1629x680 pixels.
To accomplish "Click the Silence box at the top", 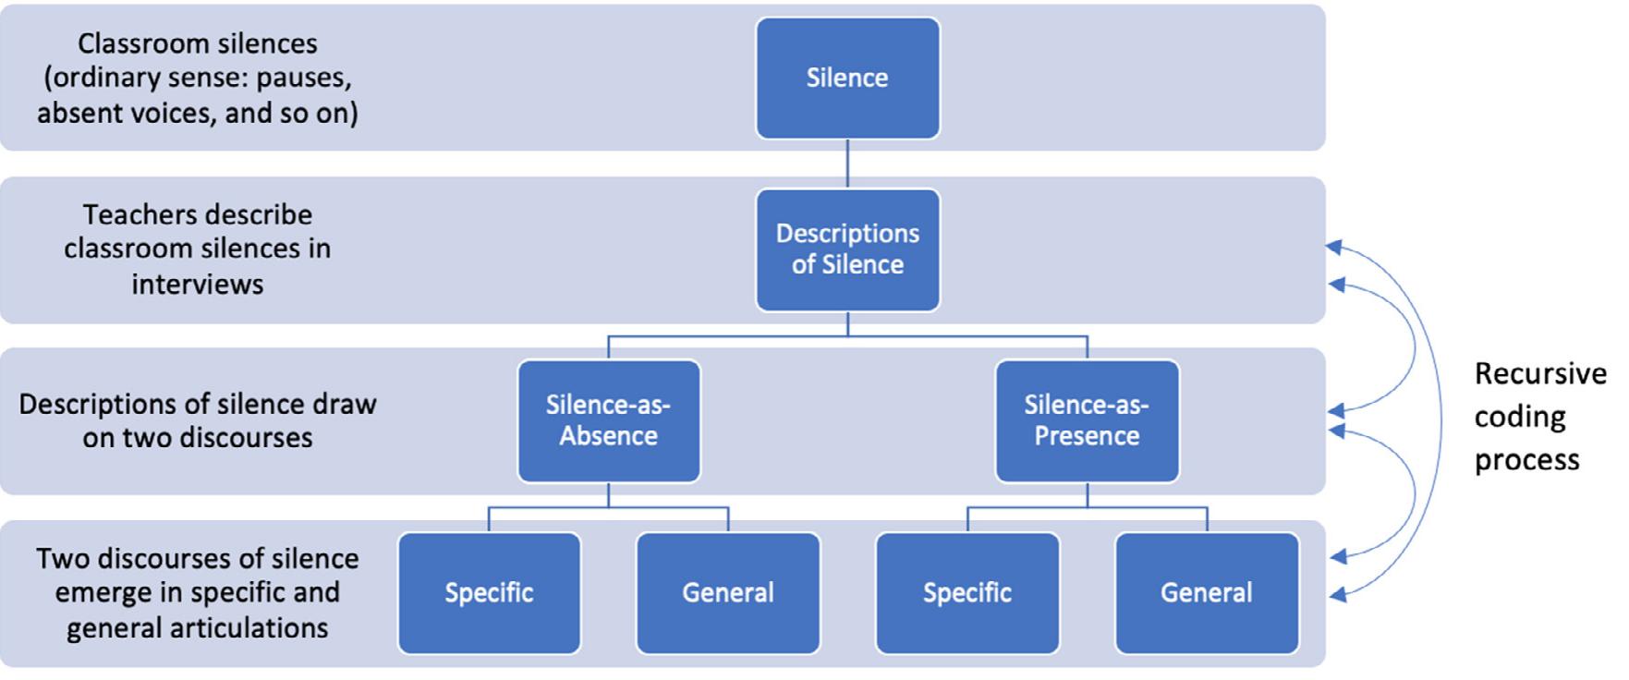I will click(x=847, y=79).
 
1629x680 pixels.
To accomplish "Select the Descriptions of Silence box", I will click(x=847, y=249).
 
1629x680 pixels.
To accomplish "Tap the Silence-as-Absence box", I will click(x=608, y=420).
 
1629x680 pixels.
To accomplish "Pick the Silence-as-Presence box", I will click(x=1087, y=420).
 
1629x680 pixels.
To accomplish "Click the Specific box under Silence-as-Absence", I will click(x=489, y=592).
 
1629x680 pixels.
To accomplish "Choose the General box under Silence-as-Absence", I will click(x=728, y=592).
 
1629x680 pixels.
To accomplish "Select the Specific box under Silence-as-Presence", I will click(x=966, y=592).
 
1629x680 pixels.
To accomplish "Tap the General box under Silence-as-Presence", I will click(x=1206, y=592).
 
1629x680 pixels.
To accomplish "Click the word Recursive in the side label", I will click(x=1539, y=374).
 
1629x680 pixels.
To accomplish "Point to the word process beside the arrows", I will click(x=1526, y=459).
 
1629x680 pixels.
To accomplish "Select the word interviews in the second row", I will click(x=197, y=284).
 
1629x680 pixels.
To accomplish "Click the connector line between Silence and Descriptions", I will click(x=847, y=164).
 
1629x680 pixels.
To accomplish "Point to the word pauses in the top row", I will click(x=303, y=78).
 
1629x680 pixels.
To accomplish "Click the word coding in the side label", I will click(x=1519, y=417).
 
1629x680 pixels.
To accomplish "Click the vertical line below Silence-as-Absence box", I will click(x=608, y=494).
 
